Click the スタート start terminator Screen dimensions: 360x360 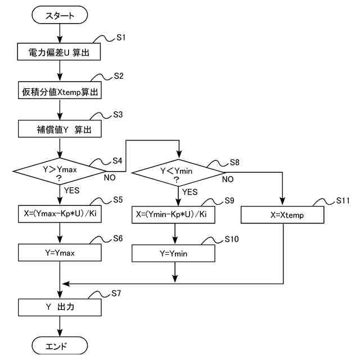(60, 15)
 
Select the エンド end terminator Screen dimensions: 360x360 (60, 345)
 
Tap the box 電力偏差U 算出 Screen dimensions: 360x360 (59, 52)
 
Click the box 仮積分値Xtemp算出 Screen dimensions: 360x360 (60, 90)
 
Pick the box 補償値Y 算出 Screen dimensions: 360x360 (60, 129)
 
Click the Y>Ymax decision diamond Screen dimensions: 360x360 (60, 171)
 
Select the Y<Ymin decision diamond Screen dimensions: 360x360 (178, 173)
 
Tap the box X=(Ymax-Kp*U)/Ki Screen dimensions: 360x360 (60, 214)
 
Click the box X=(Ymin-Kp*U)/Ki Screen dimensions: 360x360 (173, 215)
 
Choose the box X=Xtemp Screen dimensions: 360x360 (282, 215)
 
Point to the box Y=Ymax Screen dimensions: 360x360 (60, 253)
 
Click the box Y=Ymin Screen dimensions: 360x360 (173, 253)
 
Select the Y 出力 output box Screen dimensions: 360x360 (60, 307)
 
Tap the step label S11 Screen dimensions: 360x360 (343, 200)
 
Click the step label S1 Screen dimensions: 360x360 (121, 38)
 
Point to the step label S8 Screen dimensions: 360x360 (235, 163)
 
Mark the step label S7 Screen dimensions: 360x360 (116, 293)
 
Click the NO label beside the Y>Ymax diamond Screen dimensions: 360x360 (110, 178)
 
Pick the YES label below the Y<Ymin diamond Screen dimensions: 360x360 (190, 192)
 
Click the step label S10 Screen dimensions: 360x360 (232, 239)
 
